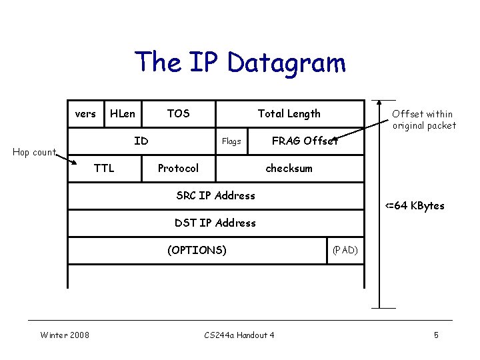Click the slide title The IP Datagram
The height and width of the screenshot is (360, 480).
tap(240, 63)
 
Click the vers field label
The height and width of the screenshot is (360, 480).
tap(85, 114)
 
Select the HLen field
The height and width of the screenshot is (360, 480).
tap(122, 114)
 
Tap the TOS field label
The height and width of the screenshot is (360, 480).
tap(178, 114)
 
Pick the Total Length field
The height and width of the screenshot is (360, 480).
tap(289, 114)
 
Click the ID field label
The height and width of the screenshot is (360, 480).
tap(141, 141)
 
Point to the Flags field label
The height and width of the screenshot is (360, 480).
tap(231, 141)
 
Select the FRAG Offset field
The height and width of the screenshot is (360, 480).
tap(305, 141)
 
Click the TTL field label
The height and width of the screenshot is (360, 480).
tap(104, 168)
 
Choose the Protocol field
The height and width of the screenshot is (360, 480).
tap(178, 168)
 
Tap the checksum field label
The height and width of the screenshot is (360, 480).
tap(289, 168)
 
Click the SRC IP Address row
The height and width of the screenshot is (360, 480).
tap(215, 195)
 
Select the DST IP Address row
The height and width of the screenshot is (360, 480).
tap(215, 223)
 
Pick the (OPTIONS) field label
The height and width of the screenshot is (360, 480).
tap(197, 250)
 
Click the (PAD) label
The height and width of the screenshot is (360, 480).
tap(345, 250)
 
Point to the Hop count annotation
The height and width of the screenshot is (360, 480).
tap(35, 152)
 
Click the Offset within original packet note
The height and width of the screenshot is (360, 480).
tap(424, 120)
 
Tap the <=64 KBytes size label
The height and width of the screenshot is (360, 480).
tap(415, 205)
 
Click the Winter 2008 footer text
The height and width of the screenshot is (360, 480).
tap(65, 335)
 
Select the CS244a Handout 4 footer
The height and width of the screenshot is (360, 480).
tap(239, 335)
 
